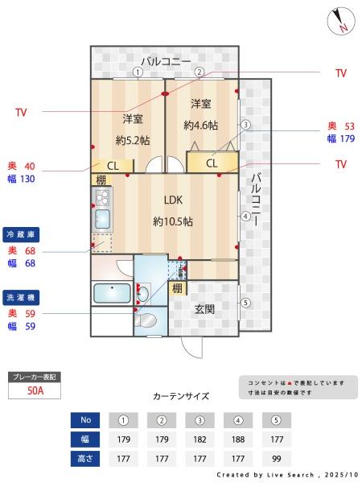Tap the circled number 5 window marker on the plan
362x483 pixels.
coord(245,303)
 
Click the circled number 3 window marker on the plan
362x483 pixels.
coord(245,125)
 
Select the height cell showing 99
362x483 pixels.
coord(277,458)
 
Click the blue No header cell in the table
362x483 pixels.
coord(85,420)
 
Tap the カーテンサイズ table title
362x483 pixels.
coord(180,396)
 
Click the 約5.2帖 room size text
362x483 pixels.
coord(132,140)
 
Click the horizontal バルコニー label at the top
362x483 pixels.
coord(166,61)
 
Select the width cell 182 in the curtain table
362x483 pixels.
coord(200,440)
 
